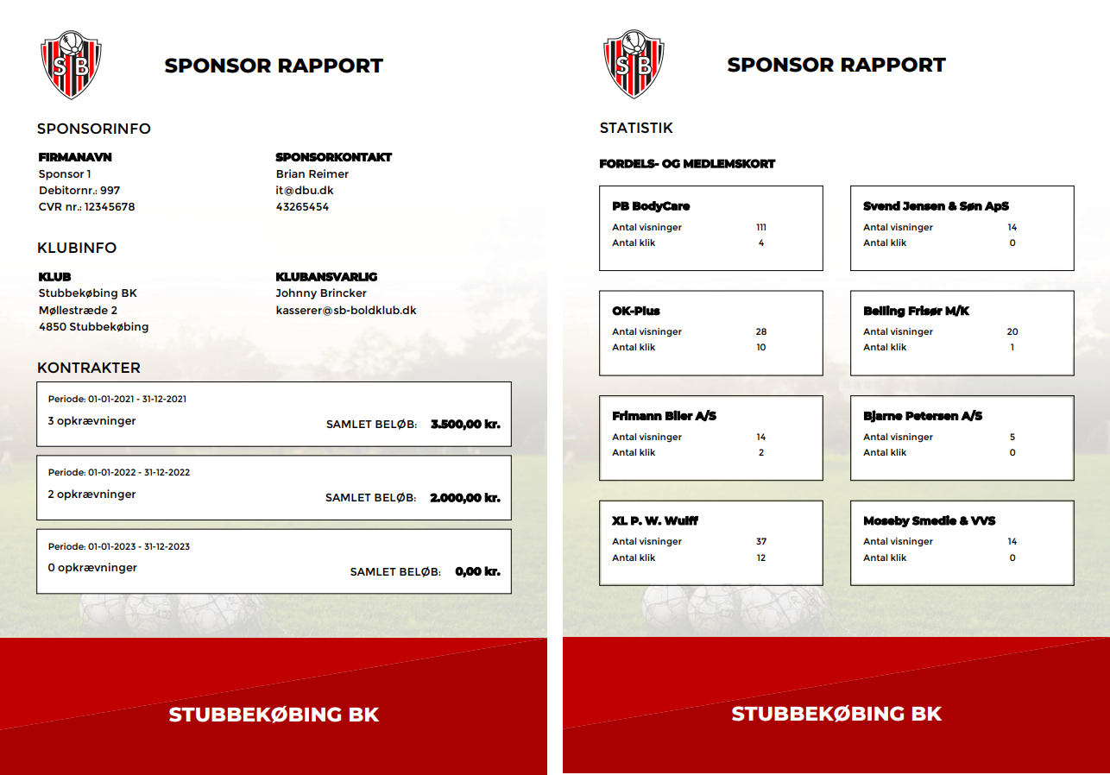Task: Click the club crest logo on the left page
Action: point(71,64)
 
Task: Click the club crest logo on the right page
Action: point(634,64)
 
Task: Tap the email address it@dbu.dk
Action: point(305,191)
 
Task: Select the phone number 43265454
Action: point(302,207)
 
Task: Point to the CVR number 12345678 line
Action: point(86,207)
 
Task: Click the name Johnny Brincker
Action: point(321,293)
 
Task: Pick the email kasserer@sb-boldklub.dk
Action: point(346,310)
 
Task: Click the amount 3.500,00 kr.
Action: point(465,424)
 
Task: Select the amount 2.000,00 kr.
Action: point(465,498)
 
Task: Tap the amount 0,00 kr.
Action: point(477,571)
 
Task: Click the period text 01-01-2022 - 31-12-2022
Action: point(119,473)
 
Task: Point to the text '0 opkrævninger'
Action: point(92,568)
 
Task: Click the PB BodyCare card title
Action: point(651,206)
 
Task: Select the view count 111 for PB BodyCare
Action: point(760,228)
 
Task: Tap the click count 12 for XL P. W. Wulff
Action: point(760,558)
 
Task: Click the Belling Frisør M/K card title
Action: point(916,311)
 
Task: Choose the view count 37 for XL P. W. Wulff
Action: point(760,542)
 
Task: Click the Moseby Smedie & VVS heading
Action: point(929,520)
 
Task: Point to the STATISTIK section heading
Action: point(636,128)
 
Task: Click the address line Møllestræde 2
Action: point(78,310)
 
